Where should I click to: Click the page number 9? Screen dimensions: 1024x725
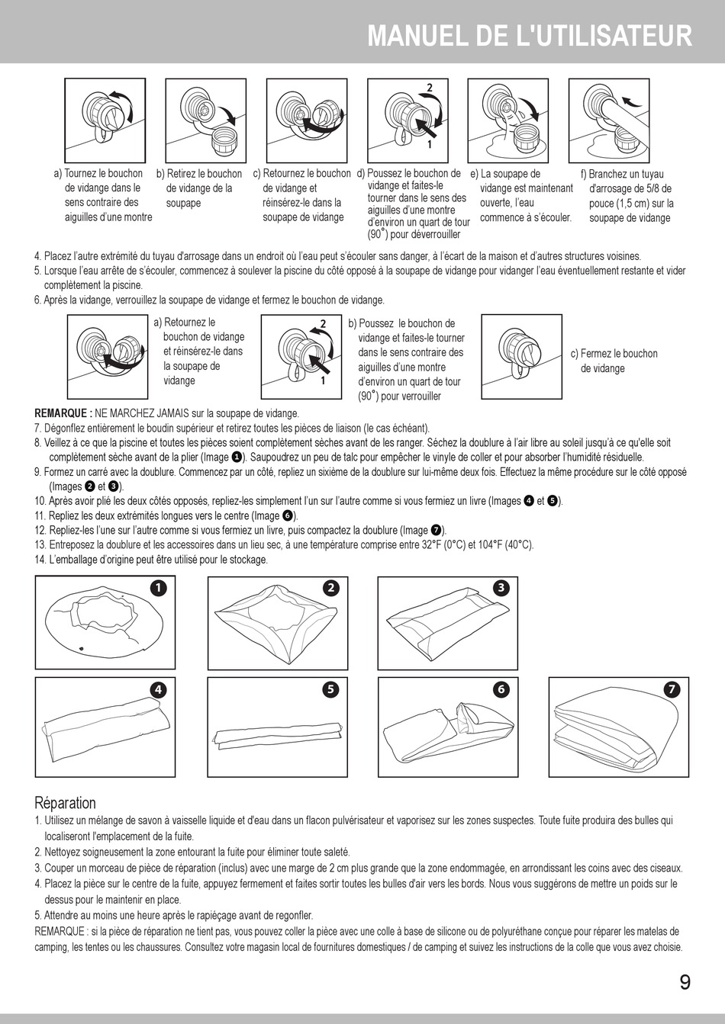click(x=685, y=982)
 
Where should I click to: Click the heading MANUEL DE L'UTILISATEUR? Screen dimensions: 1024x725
click(x=530, y=36)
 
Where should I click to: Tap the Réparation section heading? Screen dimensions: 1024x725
click(x=66, y=803)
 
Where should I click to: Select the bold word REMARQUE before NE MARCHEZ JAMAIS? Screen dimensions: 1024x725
click(x=63, y=413)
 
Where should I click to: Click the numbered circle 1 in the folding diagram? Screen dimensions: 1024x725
click(x=157, y=587)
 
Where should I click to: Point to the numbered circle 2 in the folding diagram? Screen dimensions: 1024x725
click(x=330, y=587)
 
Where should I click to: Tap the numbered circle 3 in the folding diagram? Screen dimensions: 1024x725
click(x=501, y=587)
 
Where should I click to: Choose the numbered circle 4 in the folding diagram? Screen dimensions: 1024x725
click(x=157, y=689)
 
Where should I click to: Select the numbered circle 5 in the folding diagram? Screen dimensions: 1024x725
click(x=330, y=689)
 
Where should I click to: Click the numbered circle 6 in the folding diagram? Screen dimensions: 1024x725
click(x=501, y=689)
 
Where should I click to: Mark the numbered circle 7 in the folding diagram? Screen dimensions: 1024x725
click(x=672, y=689)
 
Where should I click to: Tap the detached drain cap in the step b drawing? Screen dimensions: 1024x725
click(x=225, y=140)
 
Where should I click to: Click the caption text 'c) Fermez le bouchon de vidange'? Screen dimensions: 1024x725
click(x=614, y=361)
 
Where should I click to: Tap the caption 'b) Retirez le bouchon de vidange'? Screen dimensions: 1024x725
click(x=200, y=188)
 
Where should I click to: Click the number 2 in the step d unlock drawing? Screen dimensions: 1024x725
click(x=430, y=88)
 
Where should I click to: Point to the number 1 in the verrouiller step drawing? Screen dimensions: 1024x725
click(x=323, y=382)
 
